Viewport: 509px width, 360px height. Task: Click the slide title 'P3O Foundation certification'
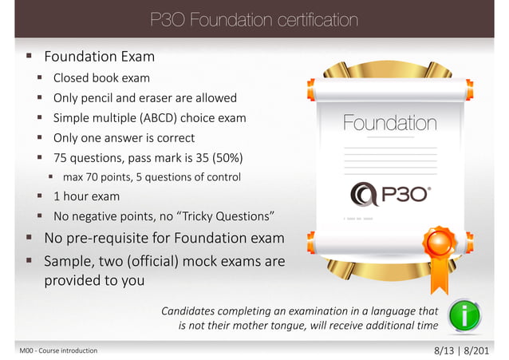pos(254,18)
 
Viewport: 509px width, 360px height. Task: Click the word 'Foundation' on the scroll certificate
pos(389,124)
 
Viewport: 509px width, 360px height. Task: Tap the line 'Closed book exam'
pos(101,78)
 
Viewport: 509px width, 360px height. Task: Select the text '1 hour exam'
pos(86,196)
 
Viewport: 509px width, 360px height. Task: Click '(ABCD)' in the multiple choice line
pos(163,118)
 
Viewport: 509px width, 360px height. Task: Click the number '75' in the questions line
pos(61,157)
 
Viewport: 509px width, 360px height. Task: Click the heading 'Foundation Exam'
pos(99,57)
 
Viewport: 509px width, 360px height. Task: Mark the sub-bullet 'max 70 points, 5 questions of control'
pos(152,176)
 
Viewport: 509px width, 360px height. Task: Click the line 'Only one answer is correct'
pos(124,137)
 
